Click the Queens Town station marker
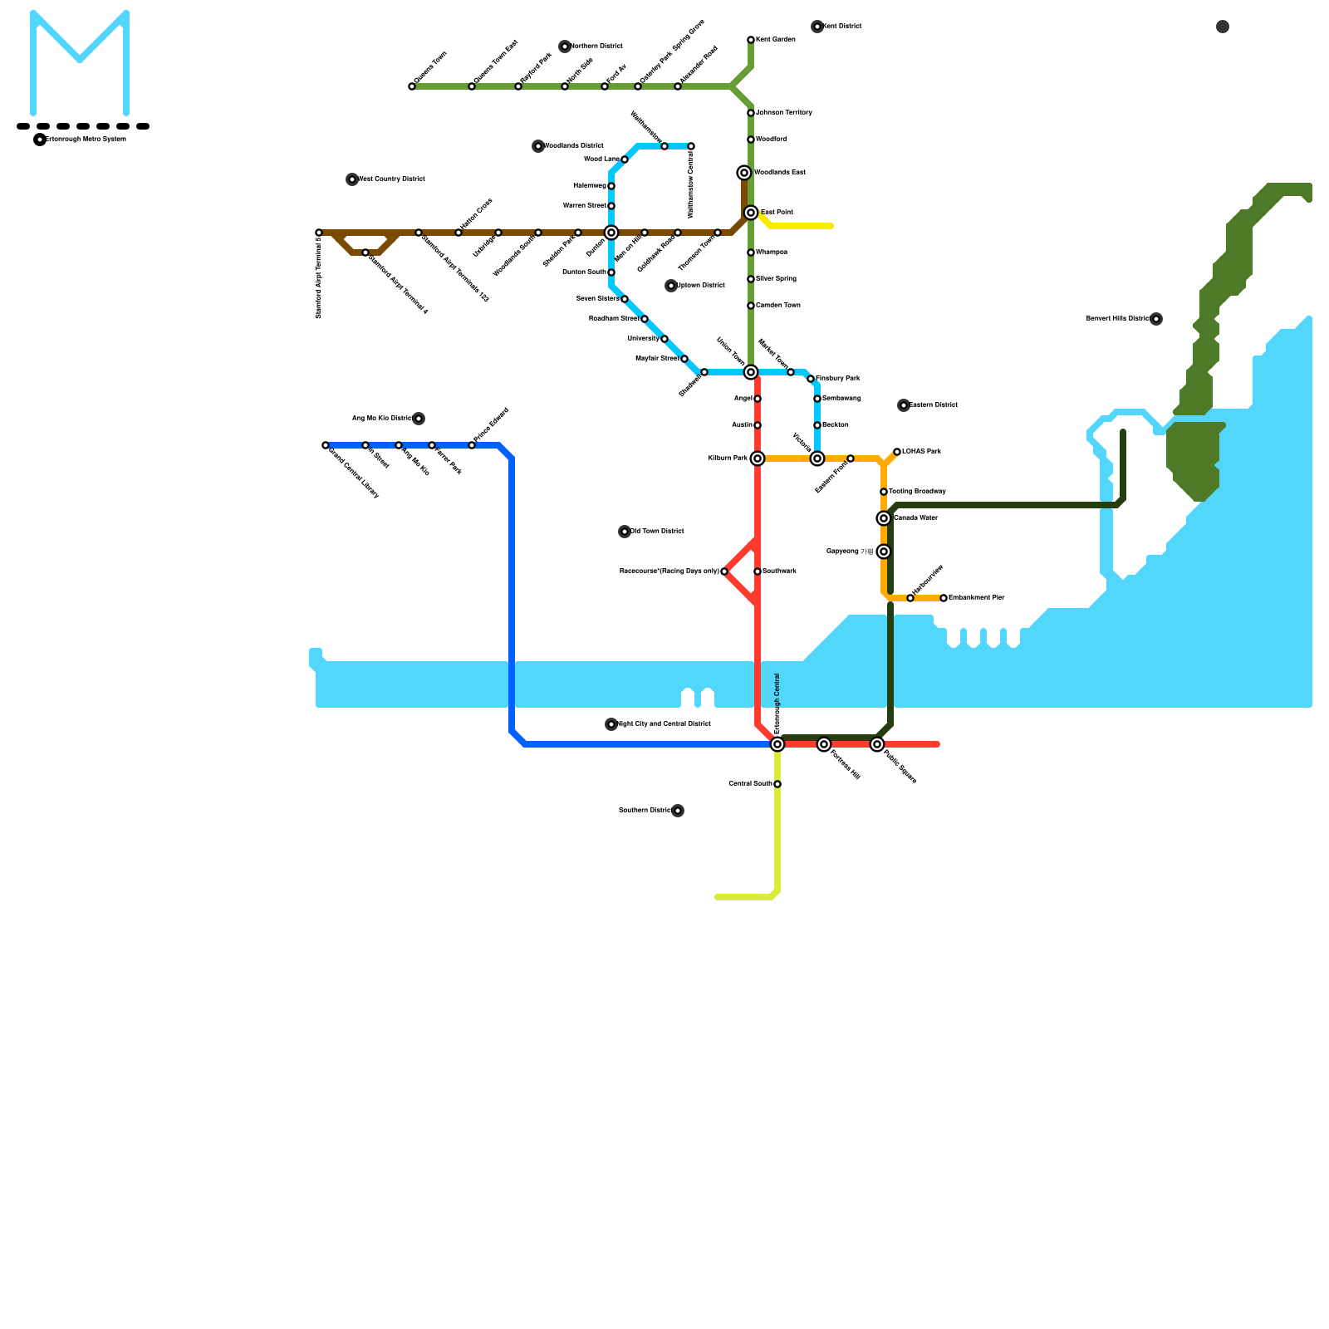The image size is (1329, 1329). coord(412,86)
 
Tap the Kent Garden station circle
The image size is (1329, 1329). coord(751,40)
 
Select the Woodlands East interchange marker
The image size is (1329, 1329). coord(744,173)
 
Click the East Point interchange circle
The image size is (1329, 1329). coord(751,213)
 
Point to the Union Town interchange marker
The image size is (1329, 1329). coord(751,372)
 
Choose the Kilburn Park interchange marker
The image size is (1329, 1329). coord(758,459)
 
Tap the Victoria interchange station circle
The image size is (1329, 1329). coord(817,459)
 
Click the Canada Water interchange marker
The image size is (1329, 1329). coord(884,518)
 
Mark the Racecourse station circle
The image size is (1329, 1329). coord(724,571)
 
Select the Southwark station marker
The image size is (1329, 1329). coord(758,571)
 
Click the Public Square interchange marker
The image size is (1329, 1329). coord(877,744)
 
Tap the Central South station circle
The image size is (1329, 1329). coord(777,784)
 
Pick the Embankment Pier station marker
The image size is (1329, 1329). coord(944,598)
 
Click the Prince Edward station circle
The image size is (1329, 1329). coord(472,445)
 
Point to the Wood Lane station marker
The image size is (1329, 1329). coord(625,159)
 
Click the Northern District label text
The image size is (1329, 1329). coord(596,47)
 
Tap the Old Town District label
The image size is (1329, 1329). coord(657,532)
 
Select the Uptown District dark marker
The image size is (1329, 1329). coord(671,286)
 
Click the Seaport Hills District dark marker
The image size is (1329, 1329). coord(1156,319)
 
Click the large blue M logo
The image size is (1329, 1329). coord(80,62)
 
